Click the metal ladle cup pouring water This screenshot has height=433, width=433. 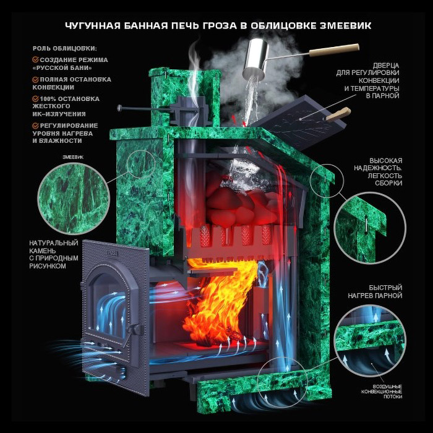tap(255, 58)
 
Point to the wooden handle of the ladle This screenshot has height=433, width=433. tap(335, 50)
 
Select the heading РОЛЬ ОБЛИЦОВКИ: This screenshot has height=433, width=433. tap(65, 49)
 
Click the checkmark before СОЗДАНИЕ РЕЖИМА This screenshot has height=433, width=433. tap(35, 59)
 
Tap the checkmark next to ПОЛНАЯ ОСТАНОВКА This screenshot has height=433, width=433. tap(35, 80)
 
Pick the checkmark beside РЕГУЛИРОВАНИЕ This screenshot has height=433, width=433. tap(35, 126)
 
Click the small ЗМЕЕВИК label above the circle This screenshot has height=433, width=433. tap(73, 157)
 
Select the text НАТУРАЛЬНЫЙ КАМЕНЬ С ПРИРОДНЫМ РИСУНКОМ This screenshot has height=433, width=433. tap(54, 255)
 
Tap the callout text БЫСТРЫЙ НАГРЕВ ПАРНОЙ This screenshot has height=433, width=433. tap(375, 291)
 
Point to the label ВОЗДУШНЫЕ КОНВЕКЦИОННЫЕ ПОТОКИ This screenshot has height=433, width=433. tap(382, 392)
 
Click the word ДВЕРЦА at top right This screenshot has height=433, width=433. tap(386, 66)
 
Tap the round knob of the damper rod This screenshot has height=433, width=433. tap(119, 108)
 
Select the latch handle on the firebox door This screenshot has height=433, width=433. tap(134, 330)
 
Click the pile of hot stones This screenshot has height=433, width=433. tap(243, 204)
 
